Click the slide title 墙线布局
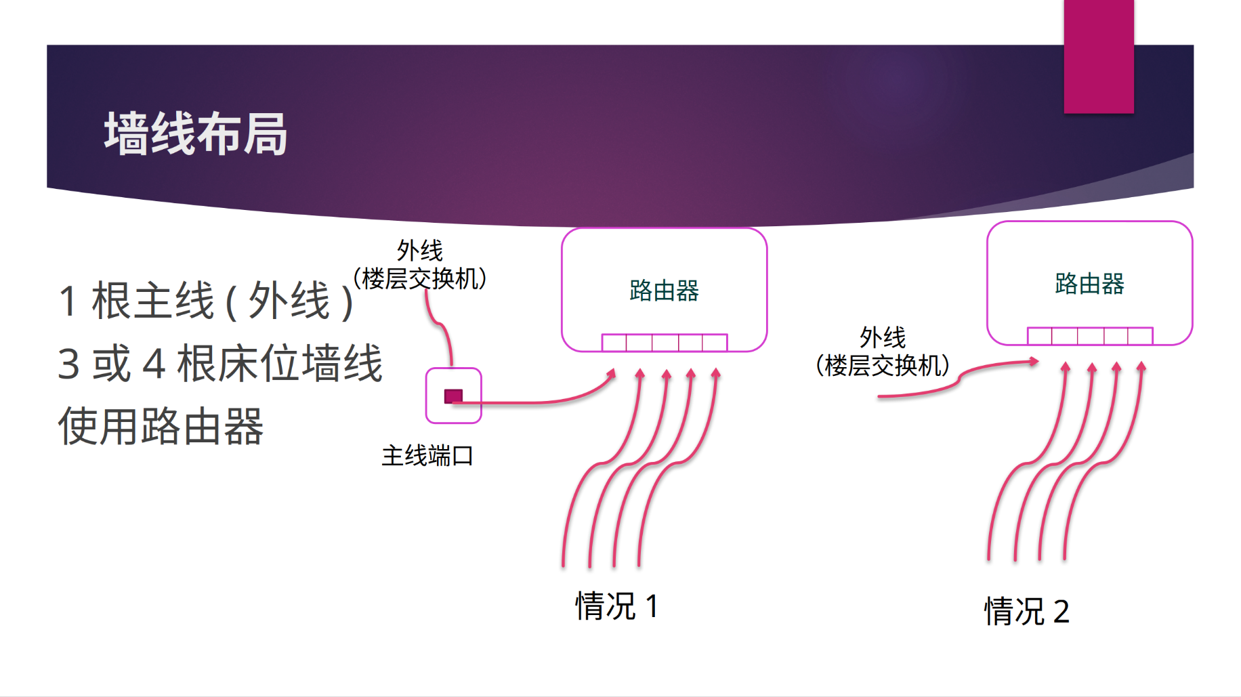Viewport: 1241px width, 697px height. [x=196, y=134]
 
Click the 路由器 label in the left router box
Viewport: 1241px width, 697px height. [x=664, y=291]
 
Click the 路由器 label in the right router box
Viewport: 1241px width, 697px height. [x=1089, y=284]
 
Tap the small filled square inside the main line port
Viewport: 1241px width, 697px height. [x=453, y=396]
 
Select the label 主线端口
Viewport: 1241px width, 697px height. [x=427, y=456]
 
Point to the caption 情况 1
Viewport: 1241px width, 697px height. [x=616, y=606]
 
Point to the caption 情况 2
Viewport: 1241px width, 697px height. [x=1026, y=611]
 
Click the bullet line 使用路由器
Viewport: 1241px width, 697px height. [x=161, y=427]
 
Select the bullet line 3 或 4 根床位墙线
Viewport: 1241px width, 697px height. [x=220, y=364]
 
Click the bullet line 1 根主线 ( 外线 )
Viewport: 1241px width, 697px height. [x=206, y=301]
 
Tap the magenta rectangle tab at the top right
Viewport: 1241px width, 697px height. [x=1098, y=56]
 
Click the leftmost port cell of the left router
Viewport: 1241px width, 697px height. [x=614, y=343]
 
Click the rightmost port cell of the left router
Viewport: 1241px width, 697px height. [x=715, y=343]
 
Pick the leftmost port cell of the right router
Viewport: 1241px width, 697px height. [x=1040, y=336]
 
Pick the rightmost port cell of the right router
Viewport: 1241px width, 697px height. [x=1140, y=336]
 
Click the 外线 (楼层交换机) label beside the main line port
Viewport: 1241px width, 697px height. [x=420, y=265]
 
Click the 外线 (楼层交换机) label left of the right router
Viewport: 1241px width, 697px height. [x=883, y=352]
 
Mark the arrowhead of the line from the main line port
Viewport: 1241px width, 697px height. [x=612, y=373]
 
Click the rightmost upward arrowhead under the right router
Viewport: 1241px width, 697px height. [x=1141, y=367]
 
